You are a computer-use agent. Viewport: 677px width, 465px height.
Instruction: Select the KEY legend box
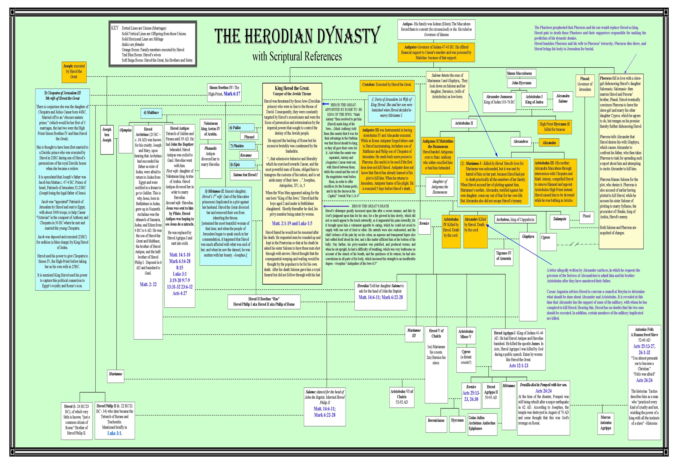153,44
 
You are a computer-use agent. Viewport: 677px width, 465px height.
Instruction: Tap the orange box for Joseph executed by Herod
74,72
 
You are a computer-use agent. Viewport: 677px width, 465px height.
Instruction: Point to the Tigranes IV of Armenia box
504,256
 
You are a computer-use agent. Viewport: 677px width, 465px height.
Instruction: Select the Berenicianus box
436,420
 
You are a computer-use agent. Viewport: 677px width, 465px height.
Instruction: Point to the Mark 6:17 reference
232,94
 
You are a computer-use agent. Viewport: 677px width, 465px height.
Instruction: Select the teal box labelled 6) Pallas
241,128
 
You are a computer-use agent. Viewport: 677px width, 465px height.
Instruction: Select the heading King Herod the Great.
292,88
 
